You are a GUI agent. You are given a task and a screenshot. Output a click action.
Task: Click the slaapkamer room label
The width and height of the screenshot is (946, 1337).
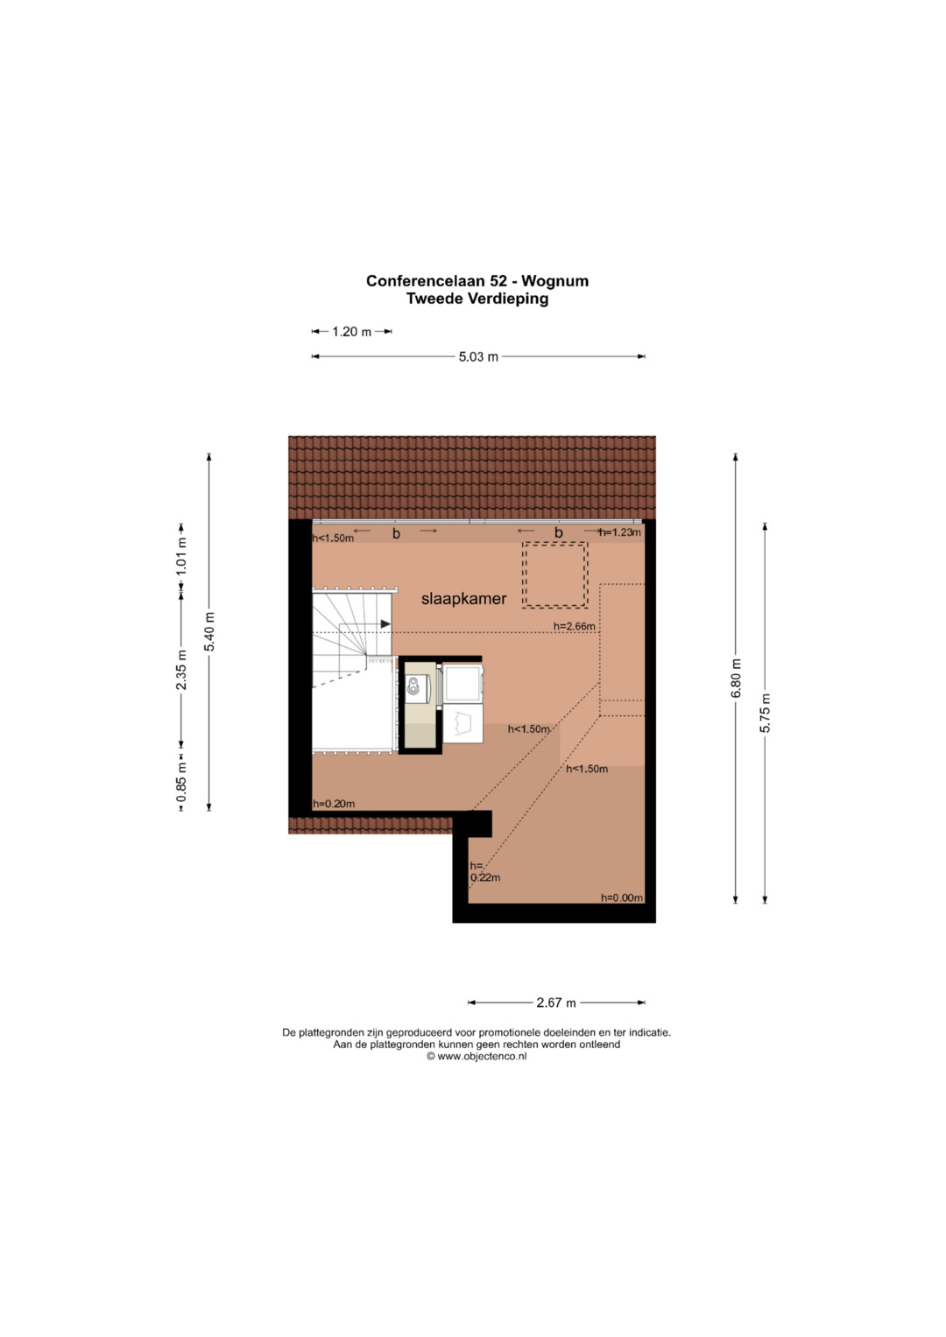[463, 599]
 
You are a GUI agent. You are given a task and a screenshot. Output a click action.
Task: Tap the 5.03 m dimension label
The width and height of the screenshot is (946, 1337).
[477, 357]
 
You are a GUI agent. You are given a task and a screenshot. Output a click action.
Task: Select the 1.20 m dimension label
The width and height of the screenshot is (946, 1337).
[351, 331]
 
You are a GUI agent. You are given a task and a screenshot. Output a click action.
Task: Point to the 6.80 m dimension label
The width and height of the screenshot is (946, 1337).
[736, 678]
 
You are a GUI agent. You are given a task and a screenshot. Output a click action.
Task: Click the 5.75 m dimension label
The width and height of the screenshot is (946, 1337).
[765, 713]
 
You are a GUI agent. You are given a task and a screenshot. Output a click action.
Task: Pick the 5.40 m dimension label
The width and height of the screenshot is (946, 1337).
[208, 632]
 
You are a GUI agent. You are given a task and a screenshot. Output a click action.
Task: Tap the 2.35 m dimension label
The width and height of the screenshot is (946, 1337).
[181, 670]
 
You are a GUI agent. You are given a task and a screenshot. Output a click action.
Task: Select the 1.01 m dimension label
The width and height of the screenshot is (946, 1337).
[181, 556]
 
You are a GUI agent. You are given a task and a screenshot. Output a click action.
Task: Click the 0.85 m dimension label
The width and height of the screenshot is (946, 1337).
[181, 783]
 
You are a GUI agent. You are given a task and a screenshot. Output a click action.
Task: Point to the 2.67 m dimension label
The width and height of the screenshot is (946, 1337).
[556, 1003]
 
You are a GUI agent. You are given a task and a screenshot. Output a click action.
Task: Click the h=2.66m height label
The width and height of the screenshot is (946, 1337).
[574, 626]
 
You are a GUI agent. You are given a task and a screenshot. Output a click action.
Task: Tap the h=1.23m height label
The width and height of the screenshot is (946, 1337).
[620, 532]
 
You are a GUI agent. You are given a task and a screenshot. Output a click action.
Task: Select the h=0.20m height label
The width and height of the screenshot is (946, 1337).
[333, 804]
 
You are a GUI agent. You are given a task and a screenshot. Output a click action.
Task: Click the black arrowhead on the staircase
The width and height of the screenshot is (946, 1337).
[385, 623]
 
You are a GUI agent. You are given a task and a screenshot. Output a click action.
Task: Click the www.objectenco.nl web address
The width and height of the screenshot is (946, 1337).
[482, 1057]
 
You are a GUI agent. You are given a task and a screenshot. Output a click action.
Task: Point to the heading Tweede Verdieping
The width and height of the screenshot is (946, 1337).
[477, 299]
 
